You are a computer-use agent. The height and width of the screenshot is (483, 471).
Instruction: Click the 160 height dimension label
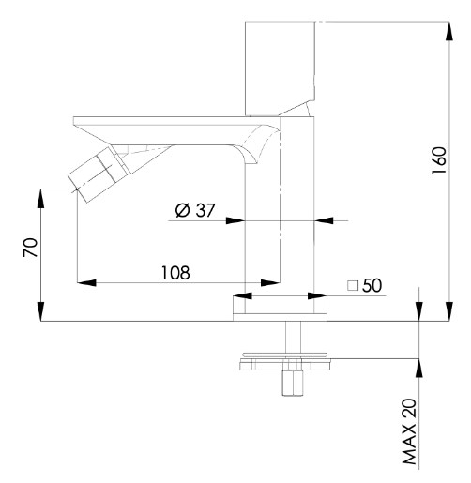coord(439,160)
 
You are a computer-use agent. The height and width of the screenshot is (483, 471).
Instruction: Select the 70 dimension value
coord(30,248)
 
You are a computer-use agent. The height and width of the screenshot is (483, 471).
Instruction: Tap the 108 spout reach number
coord(175,273)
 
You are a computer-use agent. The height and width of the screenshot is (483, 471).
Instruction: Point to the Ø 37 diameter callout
coord(195,210)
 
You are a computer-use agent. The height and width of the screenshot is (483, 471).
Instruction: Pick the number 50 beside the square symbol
coord(372,285)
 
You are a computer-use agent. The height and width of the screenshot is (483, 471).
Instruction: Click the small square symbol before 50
coord(353,285)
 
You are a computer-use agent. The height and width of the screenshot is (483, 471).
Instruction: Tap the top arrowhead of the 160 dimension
coord(449,31)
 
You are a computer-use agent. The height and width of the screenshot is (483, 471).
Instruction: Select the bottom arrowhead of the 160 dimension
coord(449,311)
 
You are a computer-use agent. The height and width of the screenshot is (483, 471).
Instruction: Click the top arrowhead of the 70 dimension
coord(41,198)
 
